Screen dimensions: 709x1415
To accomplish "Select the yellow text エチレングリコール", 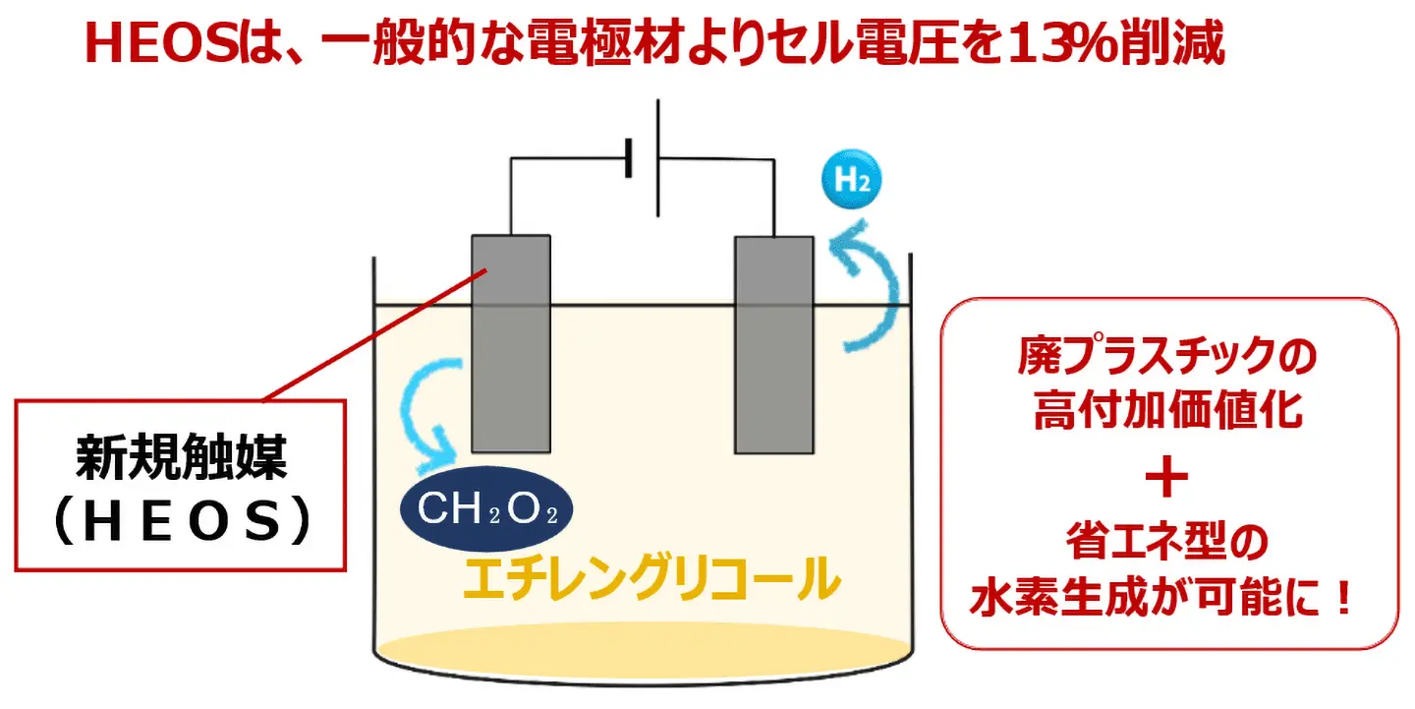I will click(651, 580).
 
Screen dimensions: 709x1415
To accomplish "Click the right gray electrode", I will click(774, 344).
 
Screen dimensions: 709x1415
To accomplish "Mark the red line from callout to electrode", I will click(373, 339).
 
